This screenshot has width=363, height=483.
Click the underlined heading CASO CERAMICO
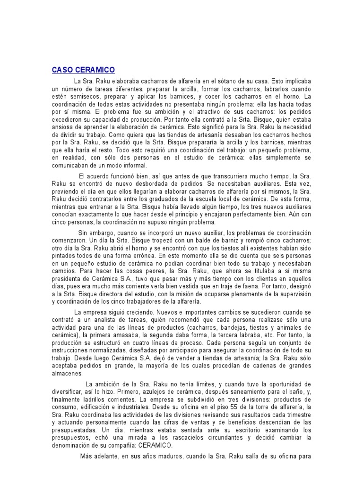(x=83, y=70)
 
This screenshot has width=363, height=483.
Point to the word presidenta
(x=68, y=279)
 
